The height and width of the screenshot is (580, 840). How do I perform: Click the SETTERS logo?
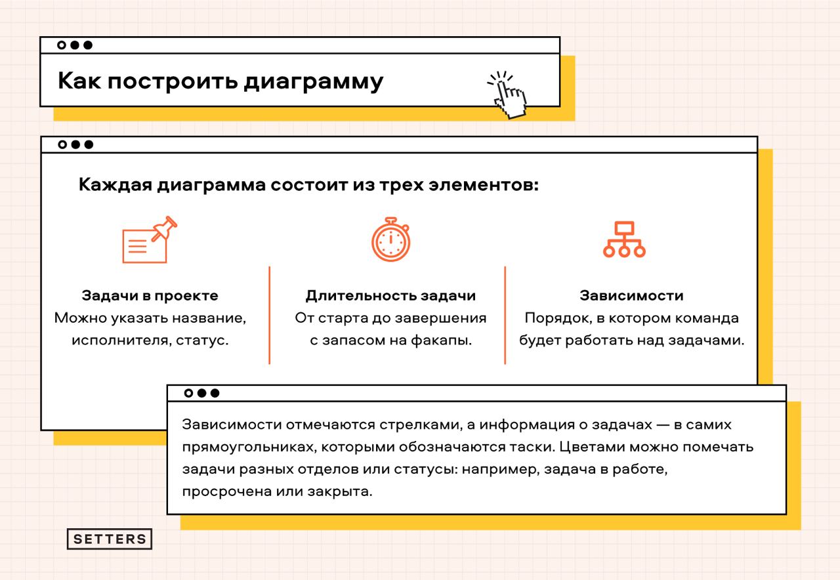[x=110, y=539]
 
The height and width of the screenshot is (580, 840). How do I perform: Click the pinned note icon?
[x=150, y=240]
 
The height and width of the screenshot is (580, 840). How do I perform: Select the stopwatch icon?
[x=390, y=240]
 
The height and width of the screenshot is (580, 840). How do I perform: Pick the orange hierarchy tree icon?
[x=624, y=239]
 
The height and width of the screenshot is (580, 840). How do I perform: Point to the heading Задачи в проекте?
[x=150, y=295]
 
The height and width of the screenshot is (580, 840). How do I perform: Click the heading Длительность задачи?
[x=390, y=295]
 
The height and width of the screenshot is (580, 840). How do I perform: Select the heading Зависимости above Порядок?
[x=631, y=295]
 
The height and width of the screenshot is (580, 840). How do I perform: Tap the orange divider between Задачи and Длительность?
[x=269, y=315]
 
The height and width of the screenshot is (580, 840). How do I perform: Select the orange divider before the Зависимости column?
[x=505, y=315]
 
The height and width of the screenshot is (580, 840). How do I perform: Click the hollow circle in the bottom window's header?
[x=189, y=393]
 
